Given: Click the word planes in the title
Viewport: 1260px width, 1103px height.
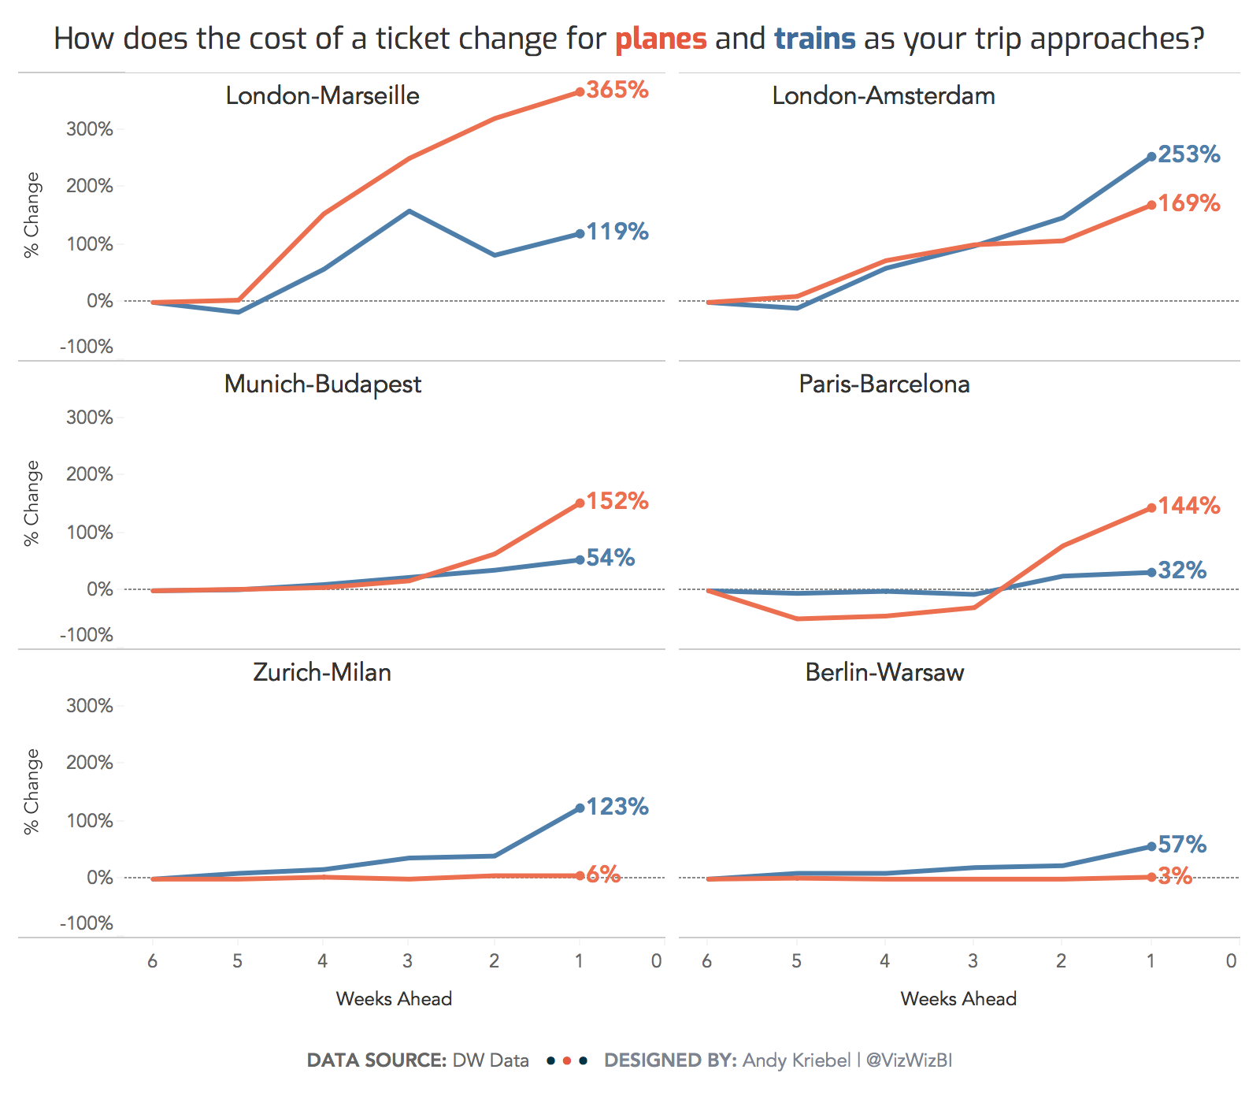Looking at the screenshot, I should pyautogui.click(x=660, y=39).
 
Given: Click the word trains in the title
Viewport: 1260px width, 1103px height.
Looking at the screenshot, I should pyautogui.click(x=814, y=39).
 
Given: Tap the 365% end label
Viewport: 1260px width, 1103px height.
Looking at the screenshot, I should pyautogui.click(x=617, y=90).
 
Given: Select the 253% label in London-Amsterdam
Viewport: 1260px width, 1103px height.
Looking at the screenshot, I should pyautogui.click(x=1189, y=154).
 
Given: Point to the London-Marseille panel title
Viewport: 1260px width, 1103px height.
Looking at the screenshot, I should pyautogui.click(x=322, y=95).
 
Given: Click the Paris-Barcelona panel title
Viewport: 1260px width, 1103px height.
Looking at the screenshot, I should pyautogui.click(x=884, y=384).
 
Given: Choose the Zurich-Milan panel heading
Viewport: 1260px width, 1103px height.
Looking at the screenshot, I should pyautogui.click(x=322, y=672).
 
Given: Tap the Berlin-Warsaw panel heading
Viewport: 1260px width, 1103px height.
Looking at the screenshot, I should pyautogui.click(x=884, y=672).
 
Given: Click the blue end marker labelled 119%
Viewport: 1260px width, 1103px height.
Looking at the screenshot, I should pyautogui.click(x=580, y=233).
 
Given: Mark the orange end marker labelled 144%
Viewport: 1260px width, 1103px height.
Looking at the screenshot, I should pyautogui.click(x=1151, y=507).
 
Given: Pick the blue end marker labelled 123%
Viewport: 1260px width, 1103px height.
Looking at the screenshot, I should pyautogui.click(x=580, y=808).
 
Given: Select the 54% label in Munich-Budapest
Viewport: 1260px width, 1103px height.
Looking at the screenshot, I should pyautogui.click(x=610, y=558).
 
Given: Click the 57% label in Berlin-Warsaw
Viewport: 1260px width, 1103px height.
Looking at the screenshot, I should pyautogui.click(x=1182, y=845).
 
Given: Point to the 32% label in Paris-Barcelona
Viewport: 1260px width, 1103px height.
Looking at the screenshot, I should pyautogui.click(x=1182, y=570).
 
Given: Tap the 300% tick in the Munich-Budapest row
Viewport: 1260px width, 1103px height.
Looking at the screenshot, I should pyautogui.click(x=90, y=418).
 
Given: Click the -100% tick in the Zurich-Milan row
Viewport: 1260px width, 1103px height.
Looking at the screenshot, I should pyautogui.click(x=87, y=923).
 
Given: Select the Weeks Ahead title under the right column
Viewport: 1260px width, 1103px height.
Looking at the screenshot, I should pyautogui.click(x=958, y=999).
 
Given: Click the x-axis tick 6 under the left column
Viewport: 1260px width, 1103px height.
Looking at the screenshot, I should pyautogui.click(x=152, y=961).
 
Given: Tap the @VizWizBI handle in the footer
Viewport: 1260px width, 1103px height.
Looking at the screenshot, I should pyautogui.click(x=909, y=1060).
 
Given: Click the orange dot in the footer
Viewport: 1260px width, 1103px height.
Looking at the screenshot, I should pyautogui.click(x=567, y=1061).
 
